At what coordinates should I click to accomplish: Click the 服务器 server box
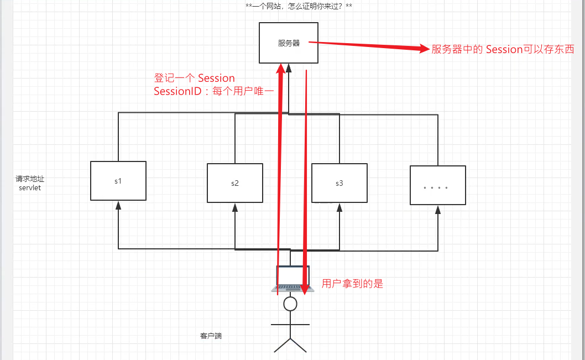pyautogui.click(x=289, y=43)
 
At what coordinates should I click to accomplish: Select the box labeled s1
pyautogui.click(x=118, y=181)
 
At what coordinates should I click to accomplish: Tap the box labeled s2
pyautogui.click(x=234, y=183)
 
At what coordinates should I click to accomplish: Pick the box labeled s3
pyautogui.click(x=339, y=183)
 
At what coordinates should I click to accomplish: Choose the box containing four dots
pyautogui.click(x=438, y=185)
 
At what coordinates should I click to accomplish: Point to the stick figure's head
pyautogui.click(x=290, y=304)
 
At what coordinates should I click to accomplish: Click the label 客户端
pyautogui.click(x=211, y=336)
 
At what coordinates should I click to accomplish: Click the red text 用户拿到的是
pyautogui.click(x=352, y=284)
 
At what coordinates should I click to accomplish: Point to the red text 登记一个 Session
pyautogui.click(x=195, y=79)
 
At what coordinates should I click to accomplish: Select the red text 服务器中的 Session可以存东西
pyautogui.click(x=503, y=50)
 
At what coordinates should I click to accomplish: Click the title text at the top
pyautogui.click(x=299, y=7)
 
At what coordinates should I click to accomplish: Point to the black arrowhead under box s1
pyautogui.click(x=118, y=205)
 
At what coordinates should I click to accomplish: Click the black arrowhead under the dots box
pyautogui.click(x=438, y=209)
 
